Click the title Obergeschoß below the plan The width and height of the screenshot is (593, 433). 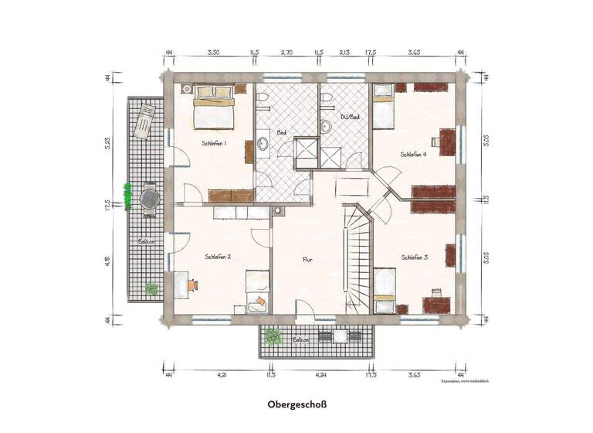tap(297, 404)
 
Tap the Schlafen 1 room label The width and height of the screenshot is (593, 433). tap(214, 143)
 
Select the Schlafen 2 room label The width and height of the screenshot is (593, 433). tap(219, 256)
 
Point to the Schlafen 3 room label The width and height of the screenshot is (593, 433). tap(415, 257)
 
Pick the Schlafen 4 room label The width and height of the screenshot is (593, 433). tap(414, 154)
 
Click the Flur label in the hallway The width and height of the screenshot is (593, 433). tap(307, 261)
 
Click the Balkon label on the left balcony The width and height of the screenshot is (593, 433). tap(146, 241)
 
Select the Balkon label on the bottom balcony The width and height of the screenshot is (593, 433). tap(301, 339)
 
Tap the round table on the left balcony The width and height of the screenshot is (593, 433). tap(148, 199)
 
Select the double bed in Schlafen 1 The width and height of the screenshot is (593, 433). tap(212, 110)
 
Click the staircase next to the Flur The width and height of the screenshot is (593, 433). tap(357, 259)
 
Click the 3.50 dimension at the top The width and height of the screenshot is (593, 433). tap(214, 53)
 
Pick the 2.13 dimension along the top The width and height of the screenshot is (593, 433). tap(344, 53)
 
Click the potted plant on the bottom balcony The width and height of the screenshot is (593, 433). tap(271, 336)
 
